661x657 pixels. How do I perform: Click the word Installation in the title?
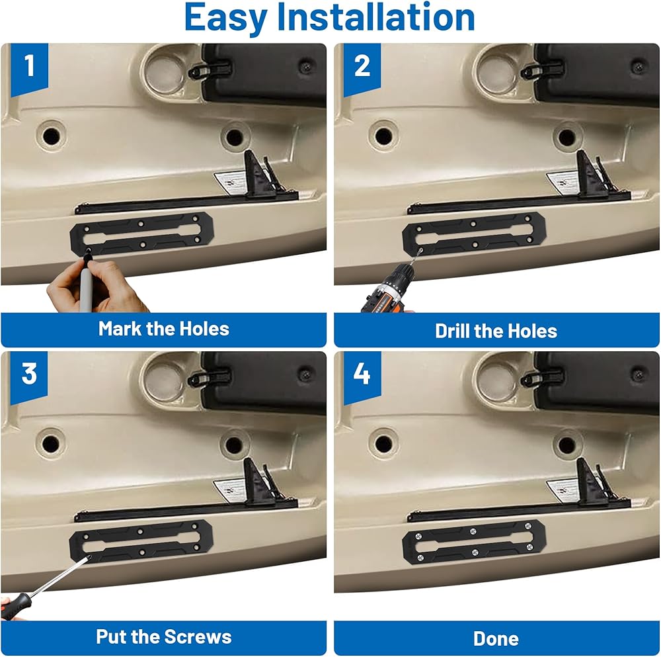tap(375, 17)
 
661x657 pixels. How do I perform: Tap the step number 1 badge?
tap(29, 69)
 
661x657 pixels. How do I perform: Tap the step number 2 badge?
tap(362, 69)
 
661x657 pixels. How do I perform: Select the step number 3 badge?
tap(29, 378)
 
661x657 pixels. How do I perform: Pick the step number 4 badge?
tap(362, 378)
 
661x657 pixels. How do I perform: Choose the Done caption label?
tap(496, 639)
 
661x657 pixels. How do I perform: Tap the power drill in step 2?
tap(388, 288)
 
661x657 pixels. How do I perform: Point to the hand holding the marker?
tap(95, 287)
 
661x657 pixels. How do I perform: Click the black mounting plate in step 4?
tap(474, 542)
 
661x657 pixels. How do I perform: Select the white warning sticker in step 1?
tap(230, 183)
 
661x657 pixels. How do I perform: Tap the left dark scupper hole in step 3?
tap(51, 444)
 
